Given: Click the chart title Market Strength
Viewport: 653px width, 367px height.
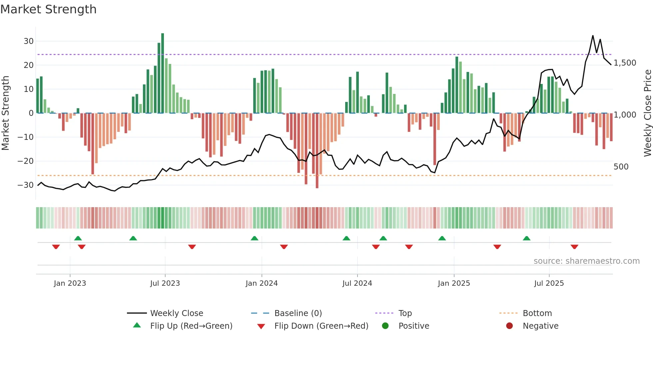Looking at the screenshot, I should tap(48, 9).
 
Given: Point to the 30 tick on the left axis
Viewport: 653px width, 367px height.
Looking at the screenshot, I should tap(29, 41).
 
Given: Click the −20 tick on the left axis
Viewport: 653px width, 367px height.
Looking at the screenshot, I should tap(26, 161).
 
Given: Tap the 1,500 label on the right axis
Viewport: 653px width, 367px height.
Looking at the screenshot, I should tap(625, 63).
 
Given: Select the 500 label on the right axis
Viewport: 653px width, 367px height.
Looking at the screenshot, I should tap(621, 167).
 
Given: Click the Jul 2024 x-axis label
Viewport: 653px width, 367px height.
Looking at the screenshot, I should tap(357, 283).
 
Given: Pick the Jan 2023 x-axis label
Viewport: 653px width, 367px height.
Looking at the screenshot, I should tap(70, 283).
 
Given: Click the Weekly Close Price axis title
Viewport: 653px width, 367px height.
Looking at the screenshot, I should tap(647, 113).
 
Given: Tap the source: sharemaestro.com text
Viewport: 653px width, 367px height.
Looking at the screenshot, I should tap(586, 261).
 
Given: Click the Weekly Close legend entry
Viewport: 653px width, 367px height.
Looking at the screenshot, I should tap(176, 313).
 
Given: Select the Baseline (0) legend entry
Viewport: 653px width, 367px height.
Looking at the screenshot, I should tap(298, 313).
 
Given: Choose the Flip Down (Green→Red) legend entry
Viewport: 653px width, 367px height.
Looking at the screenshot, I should tap(321, 326).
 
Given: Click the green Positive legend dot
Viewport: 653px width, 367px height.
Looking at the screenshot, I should tap(385, 326).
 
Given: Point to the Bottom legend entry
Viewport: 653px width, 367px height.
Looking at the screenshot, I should tap(537, 313).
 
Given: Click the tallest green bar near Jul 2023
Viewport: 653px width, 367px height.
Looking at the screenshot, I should tap(163, 73).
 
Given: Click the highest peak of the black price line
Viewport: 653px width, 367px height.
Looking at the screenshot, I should tap(593, 36).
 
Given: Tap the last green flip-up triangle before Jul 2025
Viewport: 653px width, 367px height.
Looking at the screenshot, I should tap(526, 238).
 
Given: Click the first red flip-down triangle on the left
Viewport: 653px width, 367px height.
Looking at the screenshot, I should tap(56, 247).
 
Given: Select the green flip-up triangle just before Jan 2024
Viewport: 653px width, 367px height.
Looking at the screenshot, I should tap(254, 238).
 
